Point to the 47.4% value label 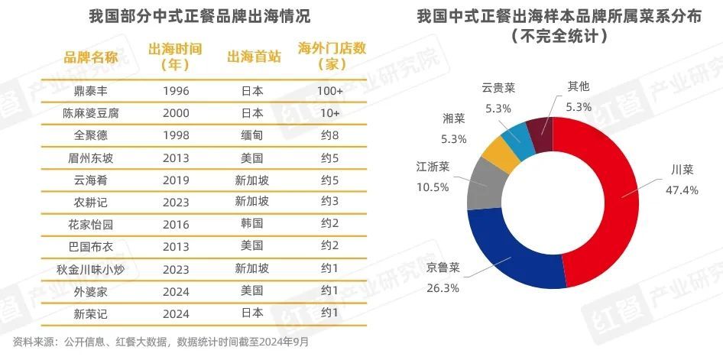coord(682,190)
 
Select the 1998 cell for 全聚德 coord(176,135)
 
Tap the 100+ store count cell coord(329,90)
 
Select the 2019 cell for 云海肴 coord(176,180)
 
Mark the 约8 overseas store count coord(329,135)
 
